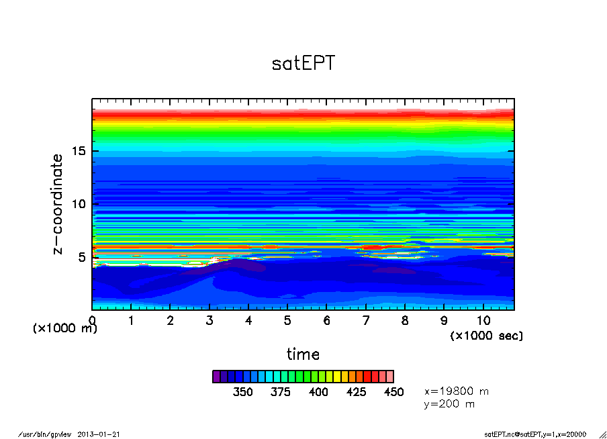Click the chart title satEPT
[303, 63]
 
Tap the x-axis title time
[303, 354]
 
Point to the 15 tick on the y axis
[79, 151]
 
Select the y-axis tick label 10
[79, 204]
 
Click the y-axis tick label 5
[82, 257]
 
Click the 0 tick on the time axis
[92, 321]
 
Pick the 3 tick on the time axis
[209, 321]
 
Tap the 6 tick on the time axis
[326, 321]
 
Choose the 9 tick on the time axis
[444, 321]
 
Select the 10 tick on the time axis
[483, 321]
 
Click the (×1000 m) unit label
[65, 328]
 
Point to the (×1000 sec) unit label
[486, 335]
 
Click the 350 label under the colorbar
[242, 392]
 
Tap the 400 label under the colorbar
[318, 392]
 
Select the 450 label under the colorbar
[393, 392]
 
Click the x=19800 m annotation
[457, 391]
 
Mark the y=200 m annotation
[449, 404]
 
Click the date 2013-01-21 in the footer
[103, 434]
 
